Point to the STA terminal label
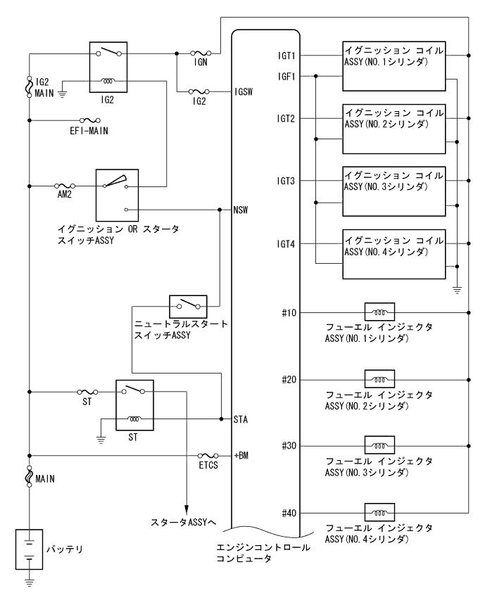(241, 419)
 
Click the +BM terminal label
(241, 455)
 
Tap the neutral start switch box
(188, 307)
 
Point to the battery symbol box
(30, 549)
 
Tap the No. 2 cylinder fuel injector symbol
(378, 379)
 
